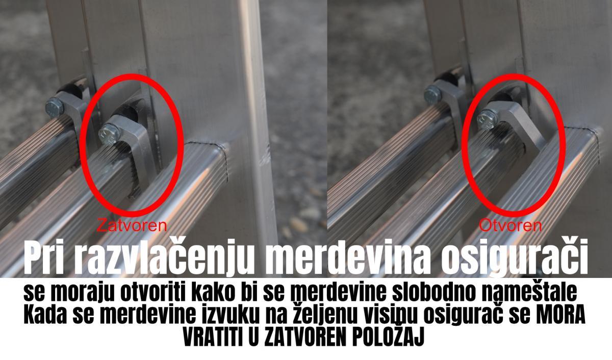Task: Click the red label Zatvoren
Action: pos(132,225)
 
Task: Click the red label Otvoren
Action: pos(511,226)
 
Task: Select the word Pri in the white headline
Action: pos(43,258)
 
